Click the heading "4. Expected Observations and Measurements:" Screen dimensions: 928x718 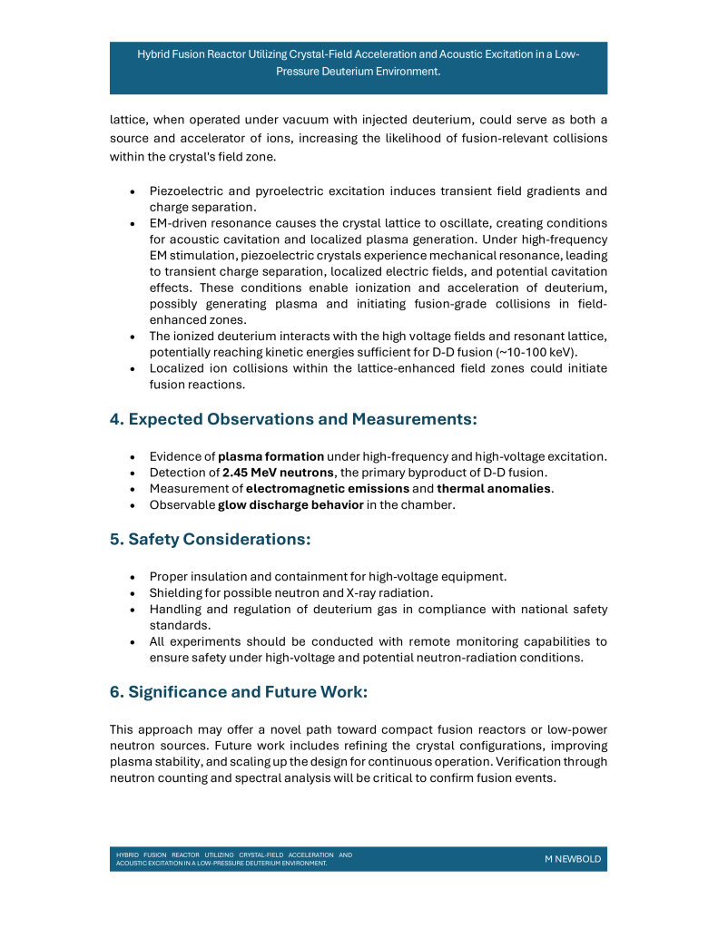(293, 419)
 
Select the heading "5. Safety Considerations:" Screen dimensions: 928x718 (211, 539)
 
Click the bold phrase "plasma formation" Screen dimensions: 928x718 (270, 455)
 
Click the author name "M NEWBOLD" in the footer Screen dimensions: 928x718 (572, 859)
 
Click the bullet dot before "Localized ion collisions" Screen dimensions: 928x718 (133, 368)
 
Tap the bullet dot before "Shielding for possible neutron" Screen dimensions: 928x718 (133, 592)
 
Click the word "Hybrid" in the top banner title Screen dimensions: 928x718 (155, 54)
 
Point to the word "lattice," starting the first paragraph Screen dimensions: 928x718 (128, 121)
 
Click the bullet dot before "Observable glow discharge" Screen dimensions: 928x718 (133, 505)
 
